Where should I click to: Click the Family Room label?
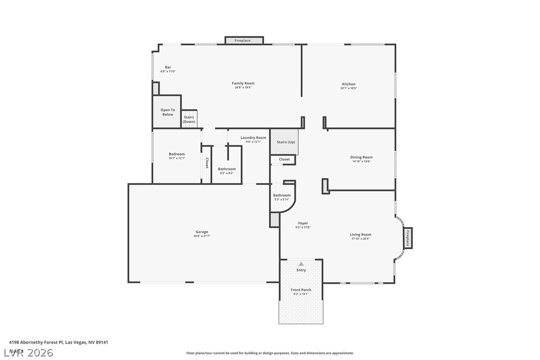(243, 84)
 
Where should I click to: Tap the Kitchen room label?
(349, 85)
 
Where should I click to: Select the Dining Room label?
(361, 158)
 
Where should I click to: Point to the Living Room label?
(360, 235)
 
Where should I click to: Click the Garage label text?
(201, 232)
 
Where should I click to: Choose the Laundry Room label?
(253, 138)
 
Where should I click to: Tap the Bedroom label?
(177, 154)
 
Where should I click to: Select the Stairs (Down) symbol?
(189, 119)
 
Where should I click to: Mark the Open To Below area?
(167, 112)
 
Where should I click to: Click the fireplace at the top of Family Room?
(244, 40)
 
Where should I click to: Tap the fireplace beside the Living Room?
(407, 238)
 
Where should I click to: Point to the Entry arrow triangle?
(301, 264)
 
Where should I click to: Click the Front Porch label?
(301, 290)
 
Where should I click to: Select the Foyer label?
(303, 224)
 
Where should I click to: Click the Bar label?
(168, 68)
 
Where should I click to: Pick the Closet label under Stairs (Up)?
(284, 160)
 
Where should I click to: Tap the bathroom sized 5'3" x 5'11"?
(282, 196)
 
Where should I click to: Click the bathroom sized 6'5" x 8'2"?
(227, 170)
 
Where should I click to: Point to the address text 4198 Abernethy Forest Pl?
(59, 342)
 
